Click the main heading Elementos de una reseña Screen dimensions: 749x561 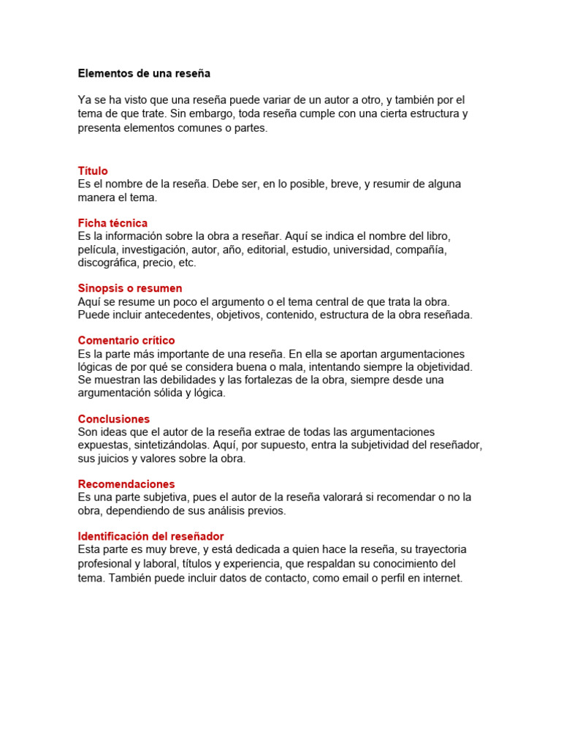coord(144,74)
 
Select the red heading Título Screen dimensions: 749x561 coord(93,171)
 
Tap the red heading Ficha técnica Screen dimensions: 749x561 coord(112,223)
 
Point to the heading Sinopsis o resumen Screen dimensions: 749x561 coord(130,288)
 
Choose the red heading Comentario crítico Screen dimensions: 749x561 coord(126,341)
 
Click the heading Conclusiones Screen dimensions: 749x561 coord(114,419)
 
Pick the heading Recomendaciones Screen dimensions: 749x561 coord(126,484)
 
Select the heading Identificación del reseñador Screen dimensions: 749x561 coord(150,536)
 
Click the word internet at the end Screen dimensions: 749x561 coord(440,577)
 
